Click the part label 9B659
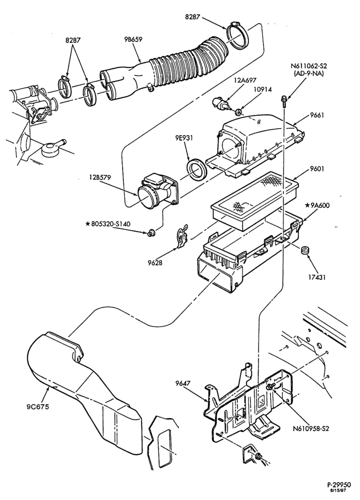click(x=133, y=39)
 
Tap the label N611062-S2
click(x=309, y=66)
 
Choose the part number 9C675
click(x=38, y=406)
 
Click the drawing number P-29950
click(x=338, y=484)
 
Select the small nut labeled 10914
click(x=238, y=112)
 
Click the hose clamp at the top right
click(x=238, y=35)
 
